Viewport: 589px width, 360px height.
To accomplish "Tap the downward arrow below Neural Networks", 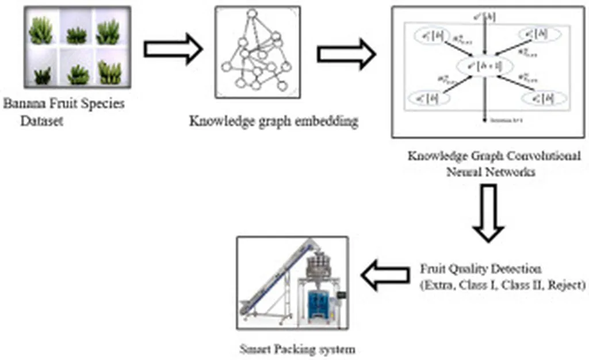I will tap(488, 213).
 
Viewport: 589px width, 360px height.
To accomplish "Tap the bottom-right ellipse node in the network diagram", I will tap(544, 99).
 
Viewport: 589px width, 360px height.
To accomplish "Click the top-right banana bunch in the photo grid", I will tap(108, 32).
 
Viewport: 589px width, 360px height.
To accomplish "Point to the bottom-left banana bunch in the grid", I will tap(42, 75).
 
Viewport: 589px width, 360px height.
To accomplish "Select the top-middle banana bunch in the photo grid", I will tap(76, 36).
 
